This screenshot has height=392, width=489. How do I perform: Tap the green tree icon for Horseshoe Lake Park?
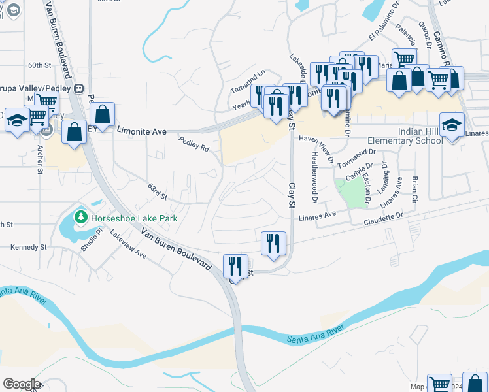point(80,216)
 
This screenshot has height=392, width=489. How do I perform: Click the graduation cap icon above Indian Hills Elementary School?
point(452,124)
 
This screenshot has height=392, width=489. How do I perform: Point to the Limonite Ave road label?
point(141,131)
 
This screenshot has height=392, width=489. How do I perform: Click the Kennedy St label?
point(29,247)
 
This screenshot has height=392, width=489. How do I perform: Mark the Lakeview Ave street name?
point(128,244)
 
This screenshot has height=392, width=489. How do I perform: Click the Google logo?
point(22,384)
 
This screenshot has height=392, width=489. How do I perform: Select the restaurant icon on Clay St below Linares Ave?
point(273,243)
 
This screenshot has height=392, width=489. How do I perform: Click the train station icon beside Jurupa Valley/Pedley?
point(79,88)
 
